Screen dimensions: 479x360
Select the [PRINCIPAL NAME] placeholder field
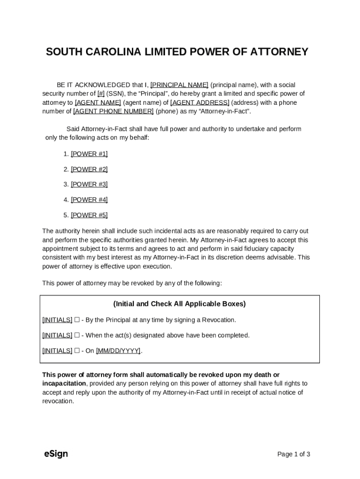pos(179,85)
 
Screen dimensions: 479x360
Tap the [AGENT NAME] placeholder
pos(98,102)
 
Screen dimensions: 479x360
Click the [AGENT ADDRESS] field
pos(200,102)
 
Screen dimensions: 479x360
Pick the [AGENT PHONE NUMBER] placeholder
pos(113,111)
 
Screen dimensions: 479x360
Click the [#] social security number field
pos(101,94)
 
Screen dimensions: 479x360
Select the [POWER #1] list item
pos(89,154)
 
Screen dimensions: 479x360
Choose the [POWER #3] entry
pos(89,184)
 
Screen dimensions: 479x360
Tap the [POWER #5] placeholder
pos(89,215)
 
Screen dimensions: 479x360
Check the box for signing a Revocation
pos(77,320)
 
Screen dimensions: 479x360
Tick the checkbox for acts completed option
pos(77,335)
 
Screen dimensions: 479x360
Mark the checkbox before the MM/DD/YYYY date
pos(77,351)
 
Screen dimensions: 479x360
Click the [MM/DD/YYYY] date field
pos(118,351)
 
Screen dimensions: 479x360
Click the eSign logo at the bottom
pos(56,454)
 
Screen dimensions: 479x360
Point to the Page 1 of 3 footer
pos(294,454)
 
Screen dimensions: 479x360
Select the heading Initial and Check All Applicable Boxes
pos(180,304)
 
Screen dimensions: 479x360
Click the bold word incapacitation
pos(64,384)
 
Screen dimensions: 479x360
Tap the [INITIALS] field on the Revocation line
pos(57,320)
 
